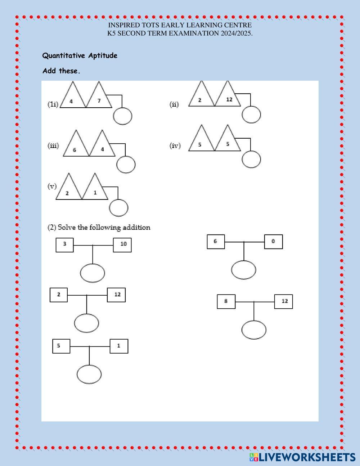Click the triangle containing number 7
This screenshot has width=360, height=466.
[99, 99]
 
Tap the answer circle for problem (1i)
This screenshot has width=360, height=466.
[123, 116]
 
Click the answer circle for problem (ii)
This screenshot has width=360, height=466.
[251, 115]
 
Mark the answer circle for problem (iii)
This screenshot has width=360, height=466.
[126, 165]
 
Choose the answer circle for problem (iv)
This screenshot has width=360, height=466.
[251, 159]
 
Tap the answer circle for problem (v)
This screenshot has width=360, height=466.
[118, 208]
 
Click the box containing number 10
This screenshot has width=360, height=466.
[122, 245]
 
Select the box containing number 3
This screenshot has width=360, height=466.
[65, 245]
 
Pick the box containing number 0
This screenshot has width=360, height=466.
[273, 242]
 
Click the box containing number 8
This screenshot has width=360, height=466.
[226, 301]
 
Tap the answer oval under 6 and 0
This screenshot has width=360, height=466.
[244, 270]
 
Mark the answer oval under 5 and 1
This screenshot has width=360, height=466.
[89, 374]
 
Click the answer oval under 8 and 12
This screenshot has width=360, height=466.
[254, 330]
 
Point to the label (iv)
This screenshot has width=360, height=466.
[175, 145]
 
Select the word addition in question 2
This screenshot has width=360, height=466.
[136, 227]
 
